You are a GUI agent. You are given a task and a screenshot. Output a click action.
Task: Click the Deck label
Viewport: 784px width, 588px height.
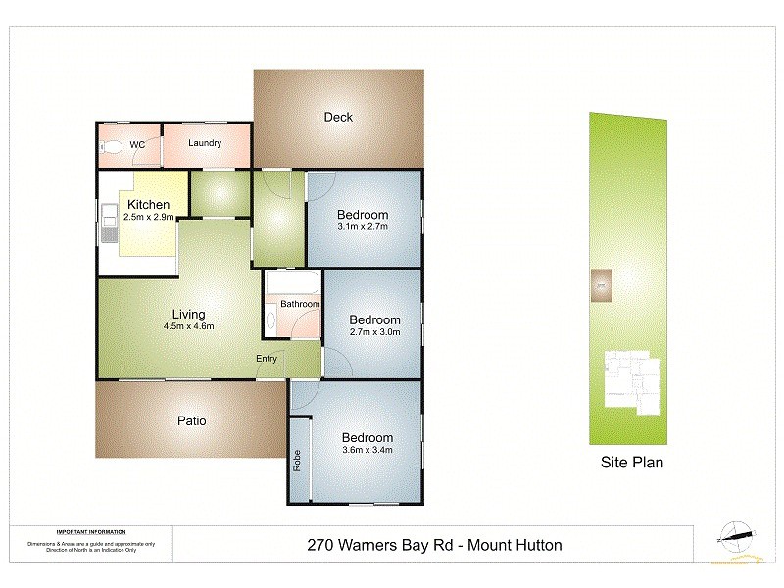[x=338, y=118]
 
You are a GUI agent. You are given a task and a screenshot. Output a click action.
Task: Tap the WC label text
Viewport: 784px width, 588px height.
[x=137, y=145]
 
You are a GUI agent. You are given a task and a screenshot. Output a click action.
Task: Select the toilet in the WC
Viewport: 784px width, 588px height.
[x=112, y=147]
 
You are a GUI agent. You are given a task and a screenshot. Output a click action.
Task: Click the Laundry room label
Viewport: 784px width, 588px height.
[x=205, y=143]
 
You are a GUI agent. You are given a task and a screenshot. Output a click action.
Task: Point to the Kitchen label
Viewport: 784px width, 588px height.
[x=149, y=204]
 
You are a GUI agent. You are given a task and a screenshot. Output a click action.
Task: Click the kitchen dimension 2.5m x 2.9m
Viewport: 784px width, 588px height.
[x=149, y=217]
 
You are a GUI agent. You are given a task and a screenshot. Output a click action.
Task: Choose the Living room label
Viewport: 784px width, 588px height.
[x=189, y=314]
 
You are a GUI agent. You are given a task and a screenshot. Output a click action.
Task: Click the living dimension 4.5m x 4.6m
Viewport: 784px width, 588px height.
[x=189, y=326]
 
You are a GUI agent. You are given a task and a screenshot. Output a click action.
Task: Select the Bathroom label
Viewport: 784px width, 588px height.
[x=300, y=304]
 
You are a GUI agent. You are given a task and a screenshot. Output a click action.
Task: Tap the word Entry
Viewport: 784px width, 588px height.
[x=267, y=359]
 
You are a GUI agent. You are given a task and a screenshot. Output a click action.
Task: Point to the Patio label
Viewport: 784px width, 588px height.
[x=191, y=421]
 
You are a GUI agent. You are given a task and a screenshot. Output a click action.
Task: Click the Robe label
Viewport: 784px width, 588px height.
[x=298, y=461]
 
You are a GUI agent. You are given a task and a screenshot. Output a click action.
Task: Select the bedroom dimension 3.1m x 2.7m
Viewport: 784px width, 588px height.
[x=363, y=227]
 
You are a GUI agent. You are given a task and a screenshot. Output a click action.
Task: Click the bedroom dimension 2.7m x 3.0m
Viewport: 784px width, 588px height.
[x=375, y=333]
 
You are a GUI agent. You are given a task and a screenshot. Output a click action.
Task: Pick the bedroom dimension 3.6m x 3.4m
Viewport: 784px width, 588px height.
[x=367, y=451]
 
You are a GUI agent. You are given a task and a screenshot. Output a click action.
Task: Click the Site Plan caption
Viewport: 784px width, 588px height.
[x=632, y=463]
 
